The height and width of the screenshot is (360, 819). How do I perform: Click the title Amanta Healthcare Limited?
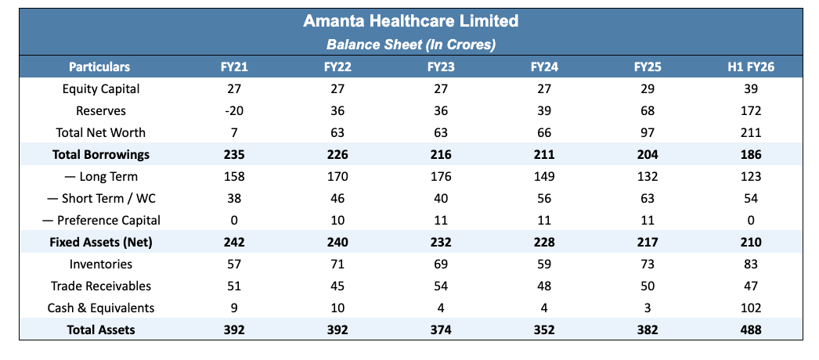pyautogui.click(x=410, y=21)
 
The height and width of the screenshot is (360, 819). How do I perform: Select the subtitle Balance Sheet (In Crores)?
pyautogui.click(x=410, y=45)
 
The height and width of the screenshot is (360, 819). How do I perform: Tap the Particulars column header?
pyautogui.click(x=99, y=67)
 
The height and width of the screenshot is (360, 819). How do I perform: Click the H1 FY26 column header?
pyautogui.click(x=750, y=67)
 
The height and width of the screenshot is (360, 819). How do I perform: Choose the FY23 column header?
pyautogui.click(x=441, y=67)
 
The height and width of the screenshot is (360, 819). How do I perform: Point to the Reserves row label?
pyautogui.click(x=101, y=111)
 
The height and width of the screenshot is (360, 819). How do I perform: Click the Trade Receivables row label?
pyautogui.click(x=101, y=286)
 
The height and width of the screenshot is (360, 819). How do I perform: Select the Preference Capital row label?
pyautogui.click(x=101, y=221)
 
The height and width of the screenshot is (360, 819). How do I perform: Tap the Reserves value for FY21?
pyautogui.click(x=234, y=111)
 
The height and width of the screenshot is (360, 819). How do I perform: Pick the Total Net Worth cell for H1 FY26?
pyautogui.click(x=751, y=133)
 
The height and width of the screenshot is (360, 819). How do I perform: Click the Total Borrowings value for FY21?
pyautogui.click(x=234, y=155)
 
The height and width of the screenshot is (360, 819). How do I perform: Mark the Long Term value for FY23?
pyautogui.click(x=441, y=177)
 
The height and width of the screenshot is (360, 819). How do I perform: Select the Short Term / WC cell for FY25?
pyautogui.click(x=648, y=199)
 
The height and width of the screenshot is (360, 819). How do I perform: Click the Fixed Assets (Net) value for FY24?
pyautogui.click(x=543, y=243)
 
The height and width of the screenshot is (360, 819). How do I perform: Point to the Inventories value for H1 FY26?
pyautogui.click(x=751, y=265)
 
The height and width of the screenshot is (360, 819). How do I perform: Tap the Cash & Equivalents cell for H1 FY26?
pyautogui.click(x=751, y=308)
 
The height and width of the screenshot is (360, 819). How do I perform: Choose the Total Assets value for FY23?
pyautogui.click(x=441, y=329)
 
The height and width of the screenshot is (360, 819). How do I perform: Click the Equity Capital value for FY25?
pyautogui.click(x=648, y=89)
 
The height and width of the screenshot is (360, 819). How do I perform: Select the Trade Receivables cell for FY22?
pyautogui.click(x=337, y=286)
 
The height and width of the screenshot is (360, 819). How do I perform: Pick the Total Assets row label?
pyautogui.click(x=101, y=329)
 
